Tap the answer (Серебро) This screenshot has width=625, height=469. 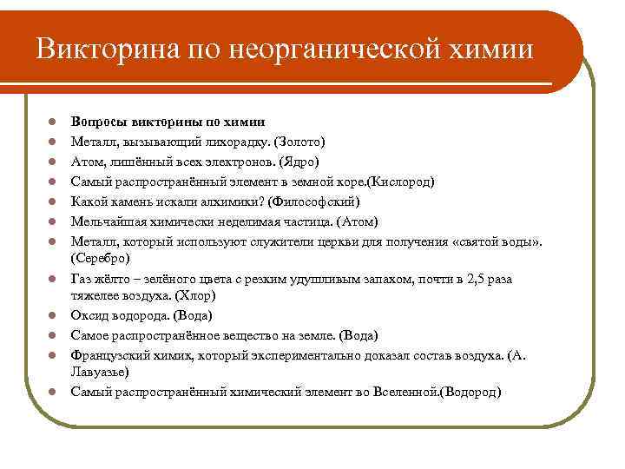coord(101,258)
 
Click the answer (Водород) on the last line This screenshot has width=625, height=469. coord(470,393)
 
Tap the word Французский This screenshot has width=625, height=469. coord(109,354)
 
